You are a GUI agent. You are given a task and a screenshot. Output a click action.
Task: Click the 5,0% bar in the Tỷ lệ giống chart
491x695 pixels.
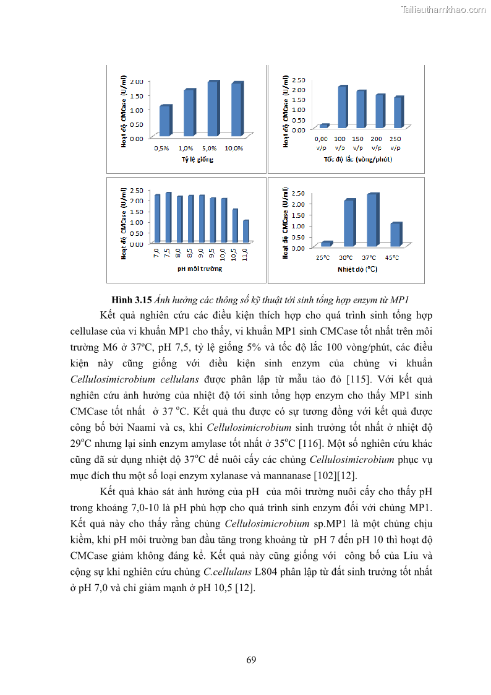213,109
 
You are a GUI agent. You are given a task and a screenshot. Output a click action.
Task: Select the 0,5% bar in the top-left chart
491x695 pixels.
164,121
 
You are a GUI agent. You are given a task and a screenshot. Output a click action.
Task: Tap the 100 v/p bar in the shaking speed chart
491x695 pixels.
341,107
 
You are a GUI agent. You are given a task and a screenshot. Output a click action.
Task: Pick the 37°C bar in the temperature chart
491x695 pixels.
372,221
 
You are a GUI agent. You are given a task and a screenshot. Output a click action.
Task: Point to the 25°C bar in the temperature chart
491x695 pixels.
326,244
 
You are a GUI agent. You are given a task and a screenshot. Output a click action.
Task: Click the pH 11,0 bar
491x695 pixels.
246,231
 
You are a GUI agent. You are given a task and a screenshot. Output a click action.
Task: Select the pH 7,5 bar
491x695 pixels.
168,217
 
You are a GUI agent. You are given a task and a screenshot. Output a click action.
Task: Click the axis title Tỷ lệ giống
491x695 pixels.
197,160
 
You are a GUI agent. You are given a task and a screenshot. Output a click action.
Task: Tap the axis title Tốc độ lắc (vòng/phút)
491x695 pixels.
358,159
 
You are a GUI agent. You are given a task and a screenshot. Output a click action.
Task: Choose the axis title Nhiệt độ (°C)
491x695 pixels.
357,269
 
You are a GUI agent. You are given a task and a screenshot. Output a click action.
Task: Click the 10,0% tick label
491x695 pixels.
234,149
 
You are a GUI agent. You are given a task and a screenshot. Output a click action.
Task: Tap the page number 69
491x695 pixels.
251,660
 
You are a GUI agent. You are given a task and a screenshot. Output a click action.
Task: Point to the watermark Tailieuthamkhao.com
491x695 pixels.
443,9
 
